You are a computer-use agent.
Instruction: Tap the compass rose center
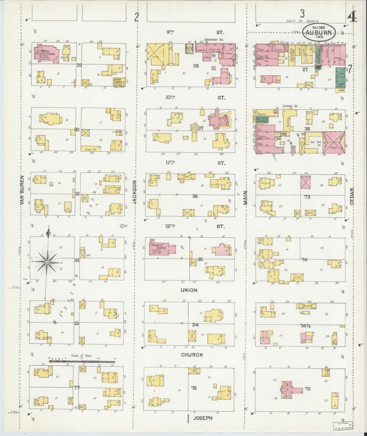click(47, 262)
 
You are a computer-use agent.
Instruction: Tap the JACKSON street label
click(135, 192)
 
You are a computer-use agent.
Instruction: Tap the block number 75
click(308, 389)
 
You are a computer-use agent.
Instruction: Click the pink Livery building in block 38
click(334, 142)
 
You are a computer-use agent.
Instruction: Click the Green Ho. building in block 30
click(90, 149)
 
